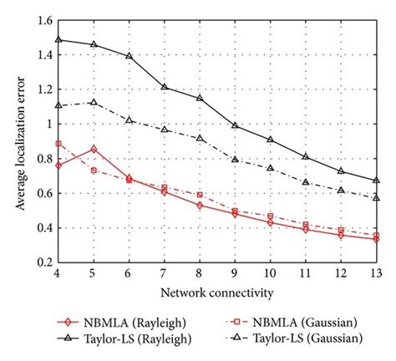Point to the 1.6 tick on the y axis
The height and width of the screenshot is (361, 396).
click(43, 20)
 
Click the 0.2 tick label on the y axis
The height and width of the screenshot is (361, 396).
click(43, 262)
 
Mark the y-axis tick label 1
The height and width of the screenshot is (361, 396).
click(48, 124)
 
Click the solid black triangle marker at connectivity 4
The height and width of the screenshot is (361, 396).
click(58, 38)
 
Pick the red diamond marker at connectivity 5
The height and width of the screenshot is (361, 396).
click(94, 149)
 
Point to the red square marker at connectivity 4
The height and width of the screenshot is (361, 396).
click(58, 144)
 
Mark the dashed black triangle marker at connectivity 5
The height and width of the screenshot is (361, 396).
click(94, 102)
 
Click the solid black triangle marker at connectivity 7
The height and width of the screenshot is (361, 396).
click(164, 86)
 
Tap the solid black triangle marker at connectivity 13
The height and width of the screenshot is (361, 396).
click(376, 180)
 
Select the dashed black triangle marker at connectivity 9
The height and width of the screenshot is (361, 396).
click(235, 159)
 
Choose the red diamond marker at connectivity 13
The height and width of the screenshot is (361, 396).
click(376, 239)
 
